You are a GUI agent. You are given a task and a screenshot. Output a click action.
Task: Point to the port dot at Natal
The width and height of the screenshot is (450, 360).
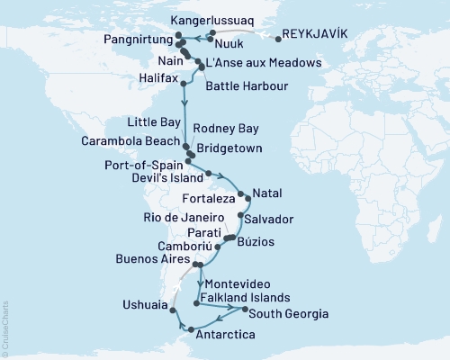pos(240,193)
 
